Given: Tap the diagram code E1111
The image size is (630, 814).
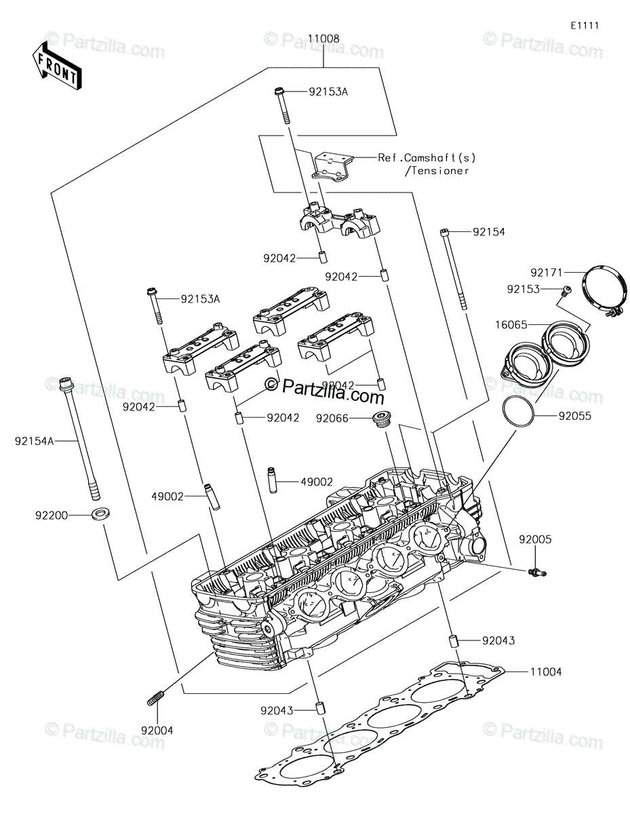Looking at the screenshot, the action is pyautogui.click(x=585, y=26).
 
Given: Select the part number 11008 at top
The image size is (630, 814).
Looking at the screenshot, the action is pyautogui.click(x=323, y=39).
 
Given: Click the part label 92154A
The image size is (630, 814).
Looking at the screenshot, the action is pyautogui.click(x=35, y=442).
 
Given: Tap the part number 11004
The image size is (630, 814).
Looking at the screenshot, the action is pyautogui.click(x=546, y=672).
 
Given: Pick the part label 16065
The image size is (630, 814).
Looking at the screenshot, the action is pyautogui.click(x=511, y=325).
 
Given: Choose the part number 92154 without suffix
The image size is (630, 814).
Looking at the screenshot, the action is pyautogui.click(x=489, y=232).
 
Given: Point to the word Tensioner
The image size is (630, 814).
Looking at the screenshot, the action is pyautogui.click(x=437, y=171).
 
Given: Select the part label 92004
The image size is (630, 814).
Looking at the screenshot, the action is pyautogui.click(x=157, y=731).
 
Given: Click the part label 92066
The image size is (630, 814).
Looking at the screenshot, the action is pyautogui.click(x=332, y=418).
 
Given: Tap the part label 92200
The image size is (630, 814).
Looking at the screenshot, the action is pyautogui.click(x=52, y=516).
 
